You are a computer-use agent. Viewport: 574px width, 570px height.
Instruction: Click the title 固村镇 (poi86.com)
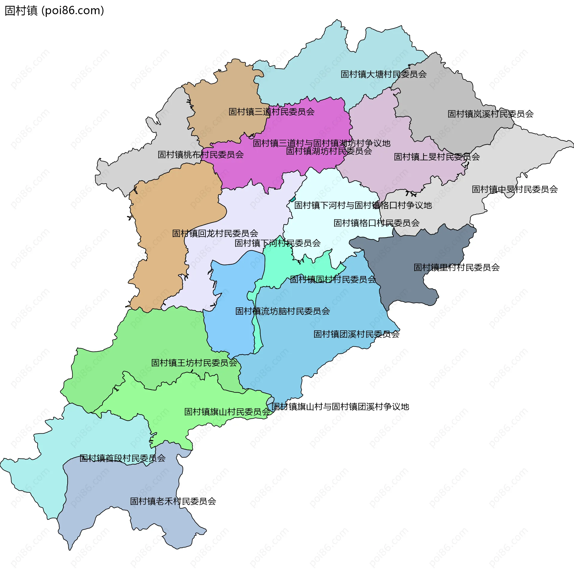coord(54,11)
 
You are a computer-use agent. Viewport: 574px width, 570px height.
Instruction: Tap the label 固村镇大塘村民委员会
coord(384,74)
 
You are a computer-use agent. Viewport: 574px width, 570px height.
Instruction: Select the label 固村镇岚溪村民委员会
coord(490,114)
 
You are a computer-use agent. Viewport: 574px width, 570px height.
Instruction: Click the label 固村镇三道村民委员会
coord(271,112)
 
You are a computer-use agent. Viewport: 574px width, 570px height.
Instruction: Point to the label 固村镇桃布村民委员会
coord(201,155)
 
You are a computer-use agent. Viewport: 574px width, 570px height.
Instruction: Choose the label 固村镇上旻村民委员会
coord(436,157)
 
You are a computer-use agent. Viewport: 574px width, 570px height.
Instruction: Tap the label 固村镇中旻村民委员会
coord(515,189)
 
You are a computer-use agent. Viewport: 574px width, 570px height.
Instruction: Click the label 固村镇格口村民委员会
coord(376,223)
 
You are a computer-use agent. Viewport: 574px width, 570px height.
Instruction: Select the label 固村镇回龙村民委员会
coord(215,233)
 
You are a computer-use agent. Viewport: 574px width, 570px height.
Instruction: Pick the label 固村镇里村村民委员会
coord(456,267)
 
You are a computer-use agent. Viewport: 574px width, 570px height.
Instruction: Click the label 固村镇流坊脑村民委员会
coord(283,311)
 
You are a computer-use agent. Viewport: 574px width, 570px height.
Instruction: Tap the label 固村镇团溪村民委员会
coord(356,334)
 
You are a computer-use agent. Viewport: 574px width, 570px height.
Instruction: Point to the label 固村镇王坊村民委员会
coord(194,363)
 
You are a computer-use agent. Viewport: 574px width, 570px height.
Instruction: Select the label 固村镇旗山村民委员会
coord(227,412)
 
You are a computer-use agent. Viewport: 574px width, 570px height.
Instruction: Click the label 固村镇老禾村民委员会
coord(173,501)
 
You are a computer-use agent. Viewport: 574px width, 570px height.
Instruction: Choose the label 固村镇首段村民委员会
coord(122,458)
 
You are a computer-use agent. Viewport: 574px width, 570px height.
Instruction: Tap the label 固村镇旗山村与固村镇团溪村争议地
coord(340,407)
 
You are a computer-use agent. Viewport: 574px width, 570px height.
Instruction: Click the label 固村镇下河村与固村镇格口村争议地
coord(363,205)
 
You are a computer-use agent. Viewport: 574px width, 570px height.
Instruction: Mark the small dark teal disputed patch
coord(293,199)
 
